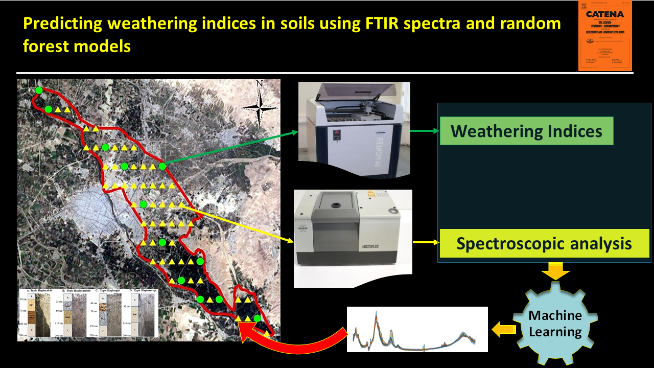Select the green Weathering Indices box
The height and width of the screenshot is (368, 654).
point(526,131)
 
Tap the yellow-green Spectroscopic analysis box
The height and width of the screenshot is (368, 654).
point(544,243)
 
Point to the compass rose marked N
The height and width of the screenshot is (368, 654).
point(260,104)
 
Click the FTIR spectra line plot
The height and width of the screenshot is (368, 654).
point(417,329)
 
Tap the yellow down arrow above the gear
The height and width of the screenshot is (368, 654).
point(555,271)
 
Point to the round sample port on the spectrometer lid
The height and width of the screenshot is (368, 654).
point(335,205)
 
